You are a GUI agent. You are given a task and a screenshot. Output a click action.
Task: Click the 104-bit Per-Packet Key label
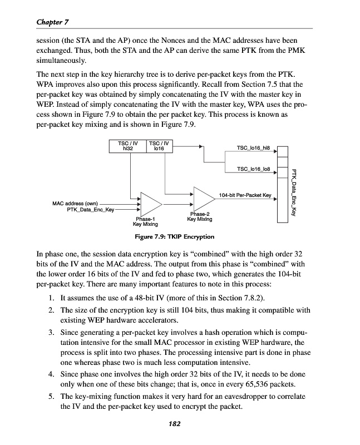(x=245, y=195)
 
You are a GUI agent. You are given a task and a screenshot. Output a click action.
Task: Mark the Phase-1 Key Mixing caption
(x=145, y=221)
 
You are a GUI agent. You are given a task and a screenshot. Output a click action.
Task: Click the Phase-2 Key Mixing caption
(x=199, y=216)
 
